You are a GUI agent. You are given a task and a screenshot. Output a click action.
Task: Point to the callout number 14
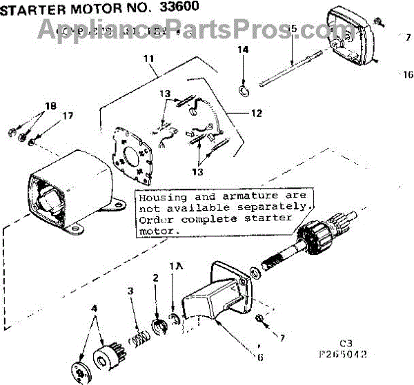tap(243, 50)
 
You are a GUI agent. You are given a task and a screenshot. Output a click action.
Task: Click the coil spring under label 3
tap(140, 322)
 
